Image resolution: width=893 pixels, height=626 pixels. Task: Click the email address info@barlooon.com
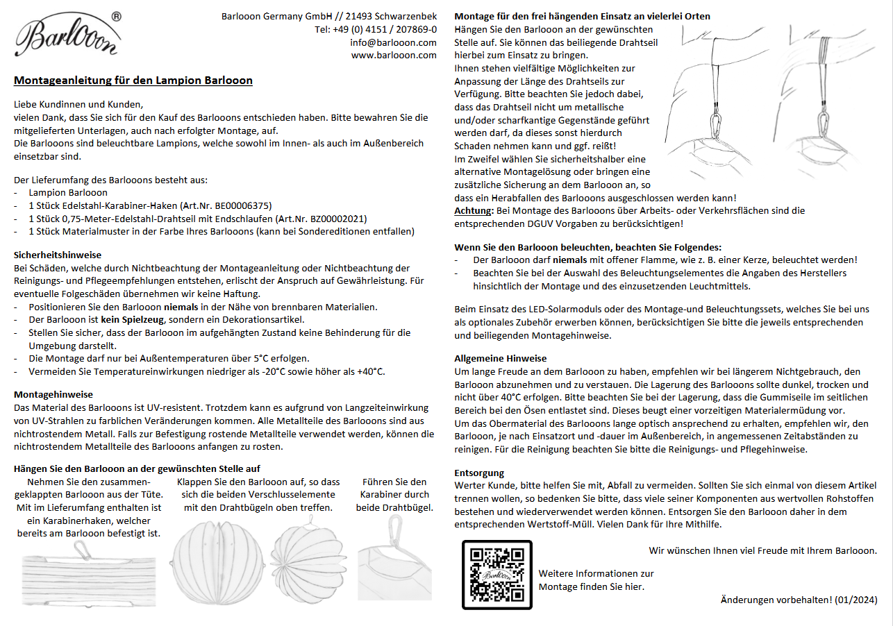pyautogui.click(x=393, y=42)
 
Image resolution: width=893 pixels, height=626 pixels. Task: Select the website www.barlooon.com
pyautogui.click(x=394, y=56)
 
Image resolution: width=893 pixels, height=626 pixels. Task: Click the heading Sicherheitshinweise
pyautogui.click(x=58, y=255)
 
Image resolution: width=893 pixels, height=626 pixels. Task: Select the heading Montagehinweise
pyautogui.click(x=53, y=394)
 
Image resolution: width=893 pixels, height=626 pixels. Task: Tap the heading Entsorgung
pyautogui.click(x=480, y=473)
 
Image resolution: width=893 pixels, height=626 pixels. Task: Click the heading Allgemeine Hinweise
pyautogui.click(x=500, y=358)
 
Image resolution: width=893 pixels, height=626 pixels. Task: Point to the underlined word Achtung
pyautogui.click(x=474, y=210)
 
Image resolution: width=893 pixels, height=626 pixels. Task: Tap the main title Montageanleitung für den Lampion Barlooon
pyautogui.click(x=133, y=81)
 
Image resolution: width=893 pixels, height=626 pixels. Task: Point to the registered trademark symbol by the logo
pyautogui.click(x=116, y=16)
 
